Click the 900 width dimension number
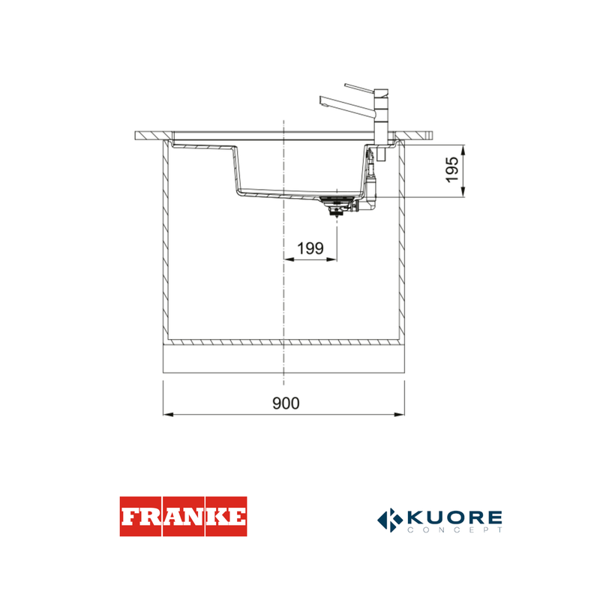coord(286,403)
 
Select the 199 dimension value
coord(310,248)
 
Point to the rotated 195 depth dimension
coord(452,169)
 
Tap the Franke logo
coord(183,516)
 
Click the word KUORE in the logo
coord(454,517)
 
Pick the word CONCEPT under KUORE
coord(454,530)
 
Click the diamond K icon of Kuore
coord(390,520)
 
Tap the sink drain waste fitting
coord(335,205)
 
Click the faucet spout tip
coord(322,101)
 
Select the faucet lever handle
coord(358,88)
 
